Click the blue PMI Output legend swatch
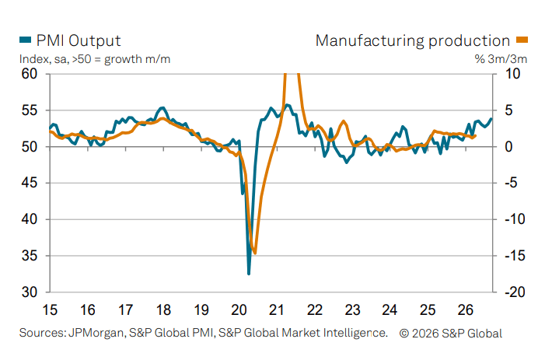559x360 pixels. (x=26, y=40)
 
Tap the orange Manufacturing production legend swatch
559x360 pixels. (x=522, y=40)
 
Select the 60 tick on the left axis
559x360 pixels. (x=30, y=74)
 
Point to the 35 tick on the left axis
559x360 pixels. (x=30, y=256)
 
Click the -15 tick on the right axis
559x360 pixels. (x=515, y=256)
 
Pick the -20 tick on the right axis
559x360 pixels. (x=515, y=292)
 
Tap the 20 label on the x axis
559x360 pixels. (x=239, y=309)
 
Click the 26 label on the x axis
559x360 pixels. (x=465, y=309)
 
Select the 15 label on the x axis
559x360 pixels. (x=50, y=309)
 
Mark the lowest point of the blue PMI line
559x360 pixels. (x=249, y=274)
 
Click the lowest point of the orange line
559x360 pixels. (x=255, y=253)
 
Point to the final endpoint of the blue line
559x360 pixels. (x=491, y=119)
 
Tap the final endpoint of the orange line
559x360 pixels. (x=475, y=135)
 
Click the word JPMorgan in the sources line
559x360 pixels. (x=96, y=333)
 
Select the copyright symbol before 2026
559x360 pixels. (x=404, y=334)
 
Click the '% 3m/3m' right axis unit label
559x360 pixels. (x=501, y=59)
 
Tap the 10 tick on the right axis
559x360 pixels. (x=512, y=74)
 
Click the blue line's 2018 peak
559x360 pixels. (x=162, y=107)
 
